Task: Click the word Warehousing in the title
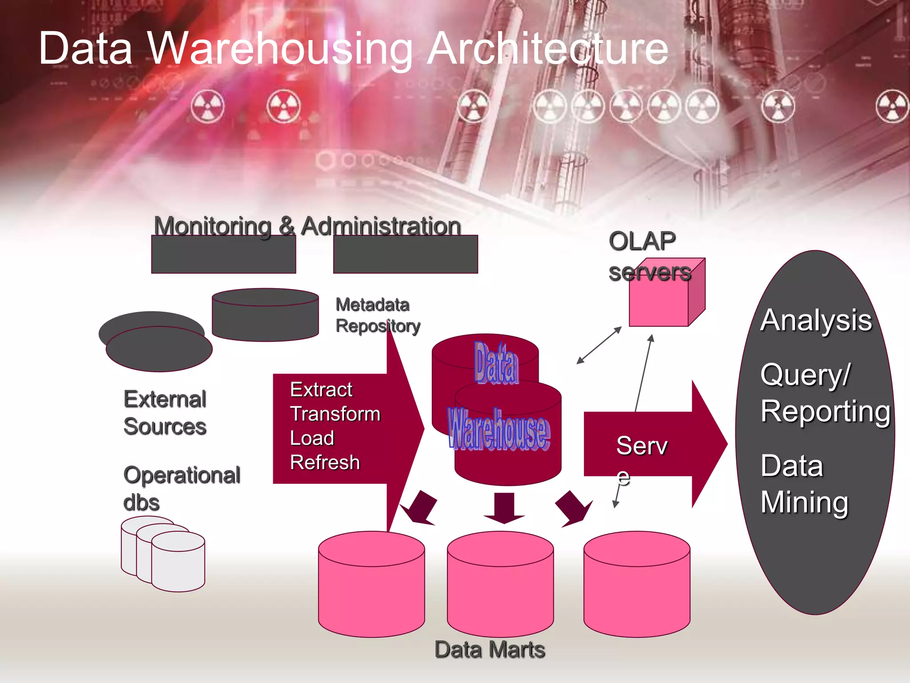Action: tap(280, 49)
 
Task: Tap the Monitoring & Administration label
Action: tap(307, 226)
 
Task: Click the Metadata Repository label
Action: tap(378, 315)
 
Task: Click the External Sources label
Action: tap(165, 413)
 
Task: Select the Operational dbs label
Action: tap(181, 488)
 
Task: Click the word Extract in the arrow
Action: tap(321, 390)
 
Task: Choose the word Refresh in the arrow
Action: tap(325, 462)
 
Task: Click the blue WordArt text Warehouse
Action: tap(499, 430)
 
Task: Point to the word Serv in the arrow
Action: tap(642, 446)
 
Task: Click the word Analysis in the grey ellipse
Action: tap(816, 320)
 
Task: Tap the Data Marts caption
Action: tap(490, 650)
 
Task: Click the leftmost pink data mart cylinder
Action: tap(371, 587)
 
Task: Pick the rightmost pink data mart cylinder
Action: tap(637, 587)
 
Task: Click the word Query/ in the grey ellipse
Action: tap(805, 374)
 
